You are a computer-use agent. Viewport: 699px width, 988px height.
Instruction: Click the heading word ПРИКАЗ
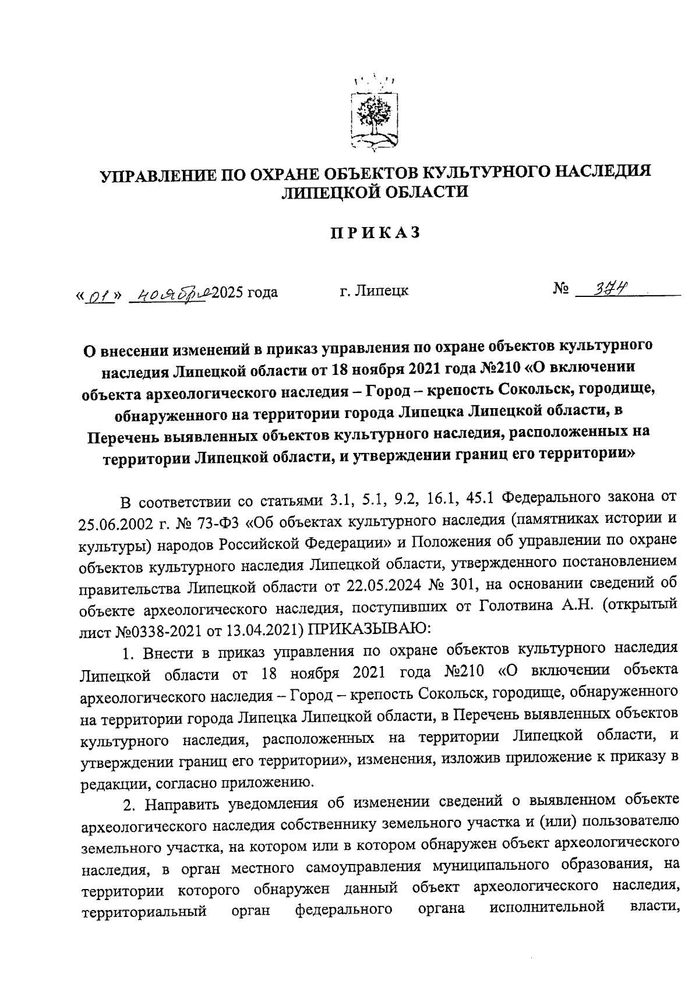click(x=375, y=232)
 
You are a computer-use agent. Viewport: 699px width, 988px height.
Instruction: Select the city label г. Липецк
click(x=373, y=291)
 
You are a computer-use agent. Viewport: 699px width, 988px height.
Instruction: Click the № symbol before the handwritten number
click(x=560, y=288)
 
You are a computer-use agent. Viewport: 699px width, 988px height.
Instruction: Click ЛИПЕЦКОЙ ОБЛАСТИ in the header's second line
click(x=375, y=192)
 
